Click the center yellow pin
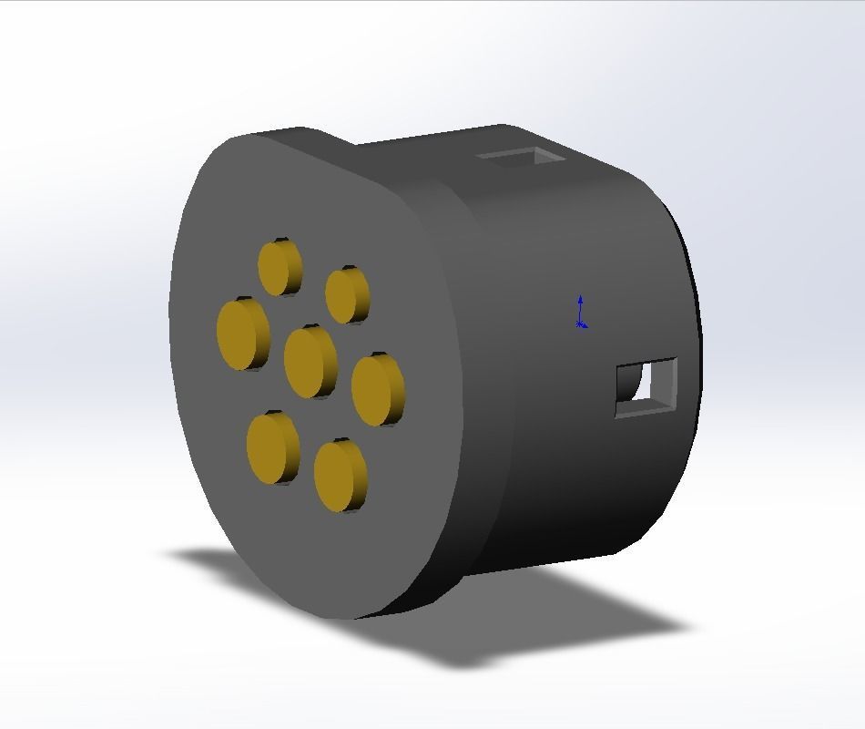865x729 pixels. tap(308, 361)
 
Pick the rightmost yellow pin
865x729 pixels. tap(375, 390)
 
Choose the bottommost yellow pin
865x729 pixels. tap(338, 476)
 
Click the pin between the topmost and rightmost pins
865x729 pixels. tap(345, 295)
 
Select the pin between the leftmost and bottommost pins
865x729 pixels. tap(270, 447)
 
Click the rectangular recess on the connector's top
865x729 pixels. tap(520, 158)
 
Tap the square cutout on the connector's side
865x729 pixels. tap(646, 388)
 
